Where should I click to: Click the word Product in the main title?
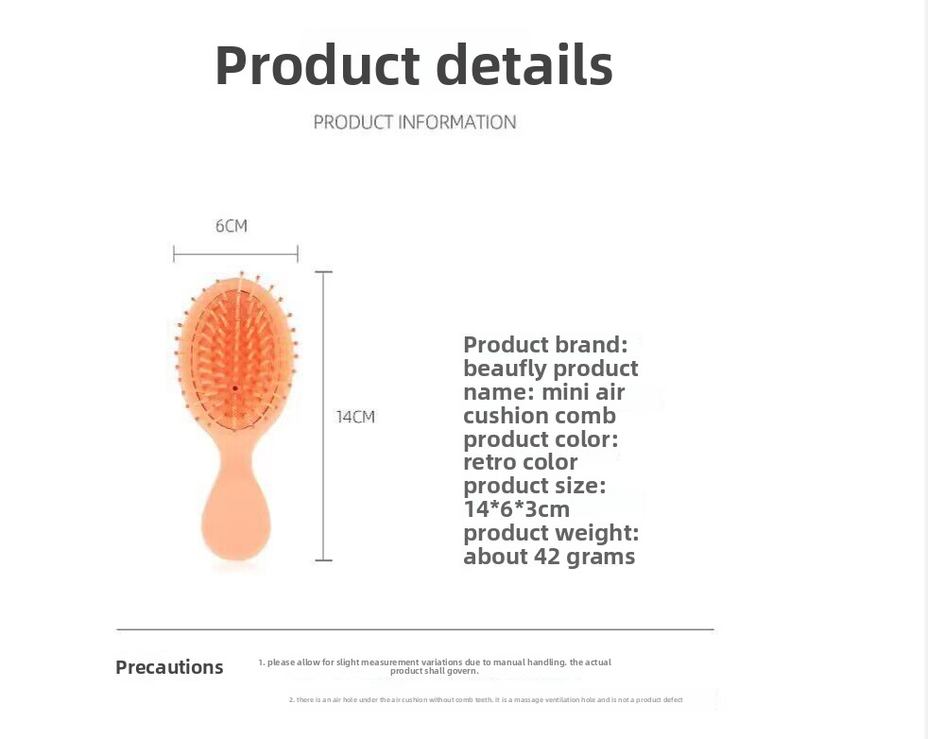(318, 65)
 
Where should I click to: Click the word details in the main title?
(524, 64)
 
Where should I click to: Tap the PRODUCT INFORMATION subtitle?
(414, 123)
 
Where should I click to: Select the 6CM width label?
(232, 226)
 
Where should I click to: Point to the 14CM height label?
(355, 417)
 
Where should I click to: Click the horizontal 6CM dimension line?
(235, 254)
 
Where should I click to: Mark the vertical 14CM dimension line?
(324, 416)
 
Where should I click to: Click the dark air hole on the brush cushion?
(235, 388)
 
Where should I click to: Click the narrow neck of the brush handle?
(235, 458)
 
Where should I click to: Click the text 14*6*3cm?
(517, 508)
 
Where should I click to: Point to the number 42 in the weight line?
(546, 557)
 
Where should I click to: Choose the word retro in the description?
(490, 462)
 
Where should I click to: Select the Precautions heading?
(169, 667)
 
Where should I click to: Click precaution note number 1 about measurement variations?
(435, 666)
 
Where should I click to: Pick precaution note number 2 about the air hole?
(486, 700)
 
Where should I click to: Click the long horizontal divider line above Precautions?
(416, 629)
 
